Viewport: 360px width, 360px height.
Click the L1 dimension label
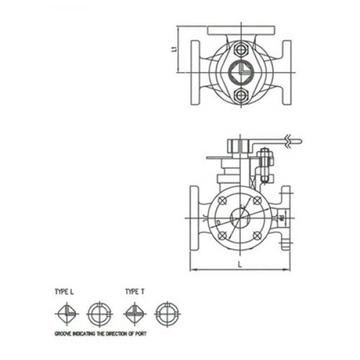(x=174, y=49)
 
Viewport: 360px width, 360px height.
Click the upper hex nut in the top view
(x=241, y=49)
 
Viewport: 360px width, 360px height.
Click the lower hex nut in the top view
(x=241, y=95)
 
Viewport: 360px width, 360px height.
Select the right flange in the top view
(x=287, y=72)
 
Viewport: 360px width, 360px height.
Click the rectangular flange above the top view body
(x=241, y=30)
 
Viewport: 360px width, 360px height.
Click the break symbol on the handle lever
(x=290, y=142)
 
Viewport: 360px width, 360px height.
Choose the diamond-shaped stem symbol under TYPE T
(x=133, y=313)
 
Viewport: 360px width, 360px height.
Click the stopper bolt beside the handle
(x=264, y=165)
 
